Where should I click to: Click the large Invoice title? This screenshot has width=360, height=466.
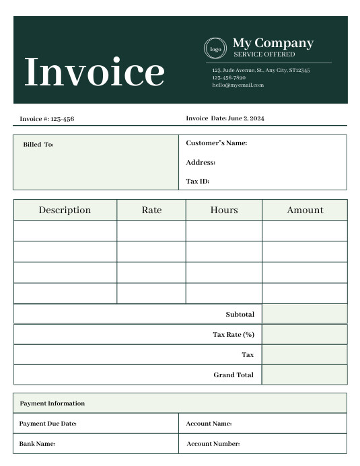point(94,72)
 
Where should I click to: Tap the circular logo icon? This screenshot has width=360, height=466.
point(215,48)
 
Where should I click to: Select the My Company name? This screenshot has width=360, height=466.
point(273,43)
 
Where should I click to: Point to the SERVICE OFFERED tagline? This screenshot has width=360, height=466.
point(264,54)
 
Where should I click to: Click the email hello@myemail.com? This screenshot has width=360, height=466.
point(238,85)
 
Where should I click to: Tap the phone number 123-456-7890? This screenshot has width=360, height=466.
point(229,78)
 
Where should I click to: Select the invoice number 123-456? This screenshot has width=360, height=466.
point(62,119)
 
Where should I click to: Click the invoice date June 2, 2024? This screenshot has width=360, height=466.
point(246,118)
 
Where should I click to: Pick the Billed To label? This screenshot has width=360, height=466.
point(38,145)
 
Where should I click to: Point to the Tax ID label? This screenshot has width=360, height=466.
point(198,181)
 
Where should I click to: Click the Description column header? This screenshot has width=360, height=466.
point(65,210)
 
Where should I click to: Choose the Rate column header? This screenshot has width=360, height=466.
point(151,210)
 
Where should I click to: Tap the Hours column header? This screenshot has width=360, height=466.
point(224,210)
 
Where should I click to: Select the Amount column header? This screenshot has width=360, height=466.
point(305,210)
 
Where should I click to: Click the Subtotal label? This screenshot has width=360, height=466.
point(240,314)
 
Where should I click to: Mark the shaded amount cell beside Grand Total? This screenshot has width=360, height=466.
point(304,375)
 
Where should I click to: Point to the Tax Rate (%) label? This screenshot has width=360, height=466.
point(233,334)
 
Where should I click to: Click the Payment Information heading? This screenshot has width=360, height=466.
point(52,403)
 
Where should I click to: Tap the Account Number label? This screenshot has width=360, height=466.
point(213,444)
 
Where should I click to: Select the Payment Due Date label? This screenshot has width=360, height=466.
point(48,424)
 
